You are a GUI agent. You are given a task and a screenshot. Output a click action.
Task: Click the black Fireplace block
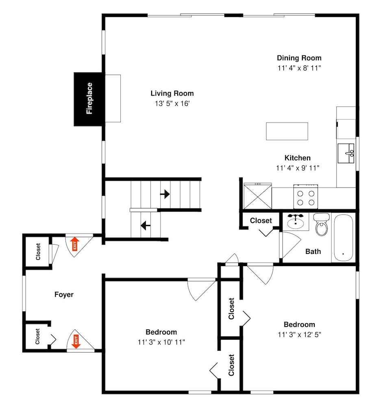[88, 99]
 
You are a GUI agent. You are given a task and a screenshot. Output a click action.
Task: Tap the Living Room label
[172, 94]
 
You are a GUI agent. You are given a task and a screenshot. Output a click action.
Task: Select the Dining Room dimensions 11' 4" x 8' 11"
[299, 68]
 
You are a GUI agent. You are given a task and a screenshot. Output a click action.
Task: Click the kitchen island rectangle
[287, 131]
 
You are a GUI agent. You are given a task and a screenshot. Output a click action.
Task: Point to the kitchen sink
[346, 153]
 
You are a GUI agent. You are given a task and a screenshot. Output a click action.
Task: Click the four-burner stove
[306, 197]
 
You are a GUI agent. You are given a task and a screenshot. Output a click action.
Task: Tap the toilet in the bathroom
[322, 224]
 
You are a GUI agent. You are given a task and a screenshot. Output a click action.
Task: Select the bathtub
[343, 238]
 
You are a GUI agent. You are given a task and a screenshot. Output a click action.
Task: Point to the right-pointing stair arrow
[165, 194]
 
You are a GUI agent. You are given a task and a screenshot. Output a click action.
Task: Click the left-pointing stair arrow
[146, 225]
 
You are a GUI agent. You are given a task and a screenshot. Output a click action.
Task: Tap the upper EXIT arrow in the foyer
[75, 244]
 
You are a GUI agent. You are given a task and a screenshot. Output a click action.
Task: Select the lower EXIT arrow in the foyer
[76, 341]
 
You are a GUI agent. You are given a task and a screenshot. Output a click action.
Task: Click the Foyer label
[64, 295]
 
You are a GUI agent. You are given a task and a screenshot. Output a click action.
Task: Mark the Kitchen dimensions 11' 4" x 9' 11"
[298, 168]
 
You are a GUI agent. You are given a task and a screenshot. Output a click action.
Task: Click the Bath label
[313, 252]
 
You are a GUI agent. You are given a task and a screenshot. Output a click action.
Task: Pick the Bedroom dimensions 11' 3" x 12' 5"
[299, 335]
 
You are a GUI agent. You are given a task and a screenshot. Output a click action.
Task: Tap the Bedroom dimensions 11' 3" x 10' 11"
[161, 342]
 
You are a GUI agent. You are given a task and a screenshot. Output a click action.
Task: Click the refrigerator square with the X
[258, 196]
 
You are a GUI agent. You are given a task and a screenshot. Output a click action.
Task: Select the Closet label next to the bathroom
[261, 221]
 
